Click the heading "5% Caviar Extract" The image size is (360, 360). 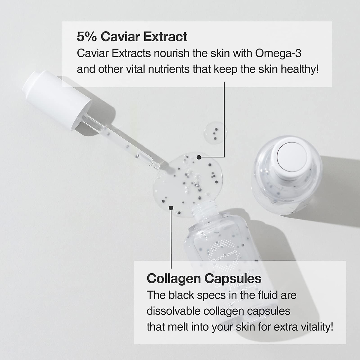[x=132, y=37]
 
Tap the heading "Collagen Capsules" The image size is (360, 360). [x=204, y=278]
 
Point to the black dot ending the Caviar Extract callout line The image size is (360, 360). [x=199, y=157]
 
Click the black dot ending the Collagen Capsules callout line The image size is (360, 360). [x=171, y=207]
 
